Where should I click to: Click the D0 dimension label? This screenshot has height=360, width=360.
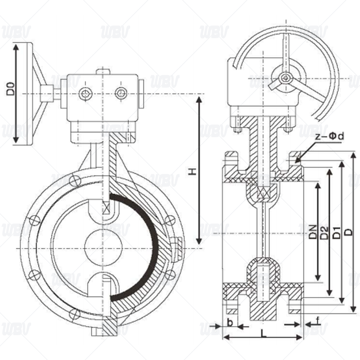(x=10, y=89)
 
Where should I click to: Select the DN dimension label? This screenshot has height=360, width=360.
(x=312, y=232)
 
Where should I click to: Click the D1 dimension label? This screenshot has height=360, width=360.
(x=336, y=233)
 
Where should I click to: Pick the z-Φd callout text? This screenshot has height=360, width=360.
(x=330, y=136)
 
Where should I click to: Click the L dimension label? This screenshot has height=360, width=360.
(x=264, y=333)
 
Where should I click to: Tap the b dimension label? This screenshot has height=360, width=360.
(x=230, y=323)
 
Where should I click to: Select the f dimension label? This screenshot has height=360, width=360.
(x=318, y=321)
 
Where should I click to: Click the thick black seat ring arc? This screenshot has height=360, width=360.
(x=147, y=247)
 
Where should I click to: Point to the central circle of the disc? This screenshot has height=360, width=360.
(x=103, y=247)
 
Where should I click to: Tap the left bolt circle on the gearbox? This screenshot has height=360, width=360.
(x=85, y=94)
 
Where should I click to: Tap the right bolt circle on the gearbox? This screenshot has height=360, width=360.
(x=121, y=94)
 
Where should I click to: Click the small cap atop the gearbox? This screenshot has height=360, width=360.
(x=103, y=72)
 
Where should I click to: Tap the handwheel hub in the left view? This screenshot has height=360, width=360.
(x=47, y=94)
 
